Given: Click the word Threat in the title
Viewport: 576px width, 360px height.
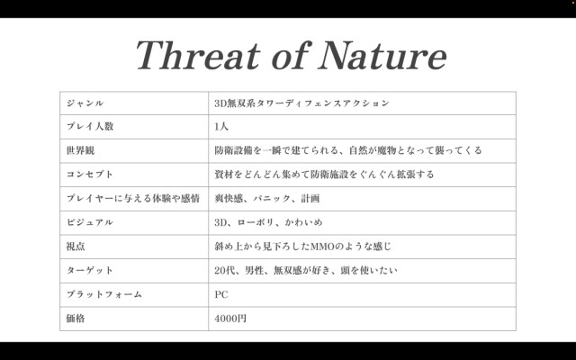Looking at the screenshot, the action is coord(198,55).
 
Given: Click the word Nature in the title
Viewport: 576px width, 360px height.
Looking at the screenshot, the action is coord(382,55).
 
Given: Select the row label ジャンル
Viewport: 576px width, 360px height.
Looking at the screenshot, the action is coord(85,103).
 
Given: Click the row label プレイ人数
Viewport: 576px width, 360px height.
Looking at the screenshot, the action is coord(90,126).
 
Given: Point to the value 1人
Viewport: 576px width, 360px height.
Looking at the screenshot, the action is coord(221,127).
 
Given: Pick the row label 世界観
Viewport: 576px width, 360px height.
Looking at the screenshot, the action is coord(80,150).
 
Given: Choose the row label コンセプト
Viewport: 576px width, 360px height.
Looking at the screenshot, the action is coord(90,175).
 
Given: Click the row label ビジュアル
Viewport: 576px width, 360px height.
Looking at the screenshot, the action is coord(90,222).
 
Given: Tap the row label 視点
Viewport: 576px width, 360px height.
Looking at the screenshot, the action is coord(76,246).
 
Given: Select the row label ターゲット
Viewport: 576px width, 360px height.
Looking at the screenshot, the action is coord(90,270).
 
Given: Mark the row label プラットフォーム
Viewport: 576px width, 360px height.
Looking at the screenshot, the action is coord(104,294).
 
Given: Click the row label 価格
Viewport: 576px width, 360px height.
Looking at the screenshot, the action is coord(76,318).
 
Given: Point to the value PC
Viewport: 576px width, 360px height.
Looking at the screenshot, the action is coord(221,294).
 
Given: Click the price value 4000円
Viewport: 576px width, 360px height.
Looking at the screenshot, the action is coord(230,319).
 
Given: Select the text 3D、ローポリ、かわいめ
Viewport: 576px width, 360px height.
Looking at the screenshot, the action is coord(268,222).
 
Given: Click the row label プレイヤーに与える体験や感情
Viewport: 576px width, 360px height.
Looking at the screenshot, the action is coord(133,198).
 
